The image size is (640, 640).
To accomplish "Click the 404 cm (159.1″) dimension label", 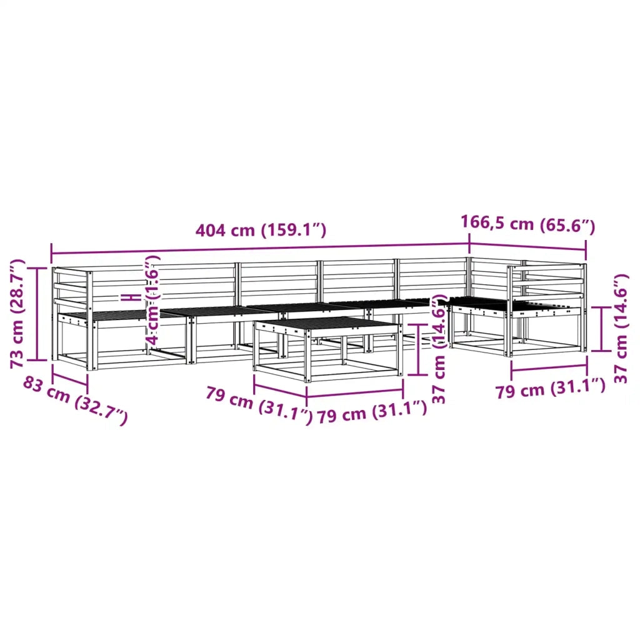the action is (x=261, y=231).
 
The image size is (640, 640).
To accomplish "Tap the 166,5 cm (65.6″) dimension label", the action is (x=527, y=224).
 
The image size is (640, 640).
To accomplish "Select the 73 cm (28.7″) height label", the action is (x=17, y=314).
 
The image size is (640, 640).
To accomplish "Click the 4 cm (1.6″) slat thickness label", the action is (x=152, y=300).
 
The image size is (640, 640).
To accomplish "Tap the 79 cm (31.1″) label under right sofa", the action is (x=550, y=388).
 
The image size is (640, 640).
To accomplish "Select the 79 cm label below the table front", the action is (x=372, y=412).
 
